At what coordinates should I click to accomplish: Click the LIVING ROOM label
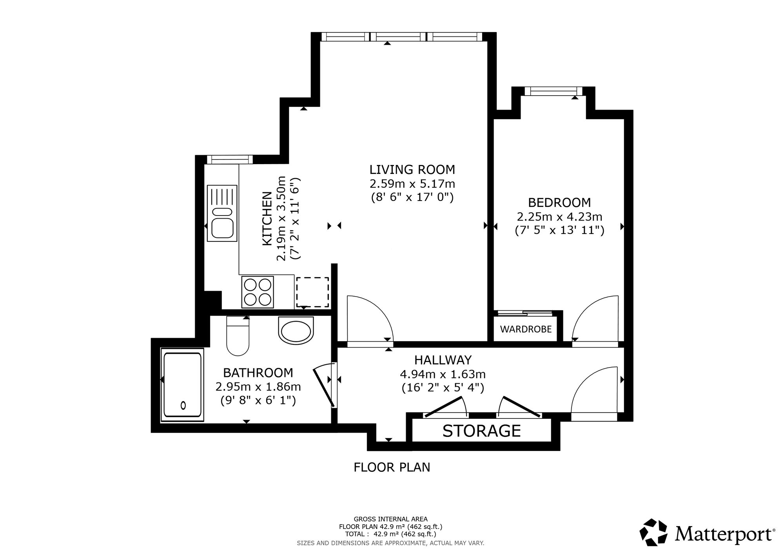(412, 170)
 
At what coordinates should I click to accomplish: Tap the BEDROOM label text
(559, 203)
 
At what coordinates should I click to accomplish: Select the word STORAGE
(482, 431)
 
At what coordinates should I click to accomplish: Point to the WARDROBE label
(526, 329)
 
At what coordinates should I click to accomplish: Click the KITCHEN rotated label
(267, 219)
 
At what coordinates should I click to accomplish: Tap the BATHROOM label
(258, 372)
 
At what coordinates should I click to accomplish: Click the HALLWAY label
(443, 360)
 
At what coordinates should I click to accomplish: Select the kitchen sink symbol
(222, 213)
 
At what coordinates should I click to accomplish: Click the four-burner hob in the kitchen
(258, 292)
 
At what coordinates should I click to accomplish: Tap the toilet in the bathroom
(238, 336)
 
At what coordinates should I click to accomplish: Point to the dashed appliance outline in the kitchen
(312, 292)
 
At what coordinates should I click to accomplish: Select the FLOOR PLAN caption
(392, 467)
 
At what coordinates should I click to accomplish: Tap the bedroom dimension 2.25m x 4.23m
(559, 217)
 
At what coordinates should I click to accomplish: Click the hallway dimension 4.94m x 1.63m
(443, 374)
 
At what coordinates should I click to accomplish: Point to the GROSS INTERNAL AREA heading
(390, 519)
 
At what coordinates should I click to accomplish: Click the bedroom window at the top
(553, 91)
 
